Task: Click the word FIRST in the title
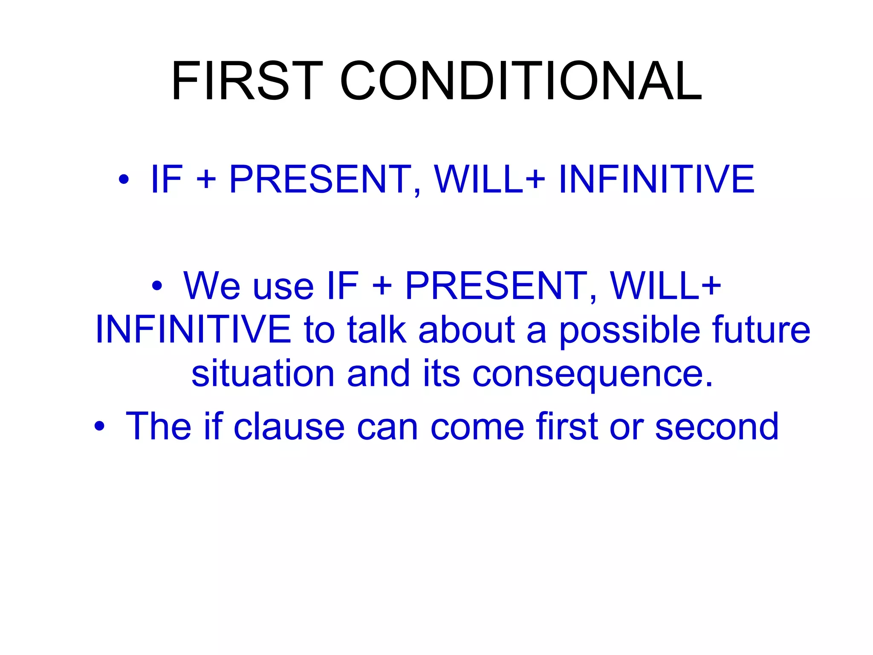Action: click(x=247, y=81)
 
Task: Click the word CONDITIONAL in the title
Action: click(x=520, y=81)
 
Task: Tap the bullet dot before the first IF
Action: click(x=124, y=180)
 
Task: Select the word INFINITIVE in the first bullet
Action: click(x=656, y=179)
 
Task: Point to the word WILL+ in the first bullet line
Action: click(x=489, y=179)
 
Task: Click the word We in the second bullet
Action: click(x=212, y=286)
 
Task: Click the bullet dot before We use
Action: click(x=157, y=286)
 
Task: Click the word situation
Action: click(x=263, y=374)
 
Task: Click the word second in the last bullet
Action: click(x=717, y=426)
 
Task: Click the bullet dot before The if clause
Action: click(x=99, y=426)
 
